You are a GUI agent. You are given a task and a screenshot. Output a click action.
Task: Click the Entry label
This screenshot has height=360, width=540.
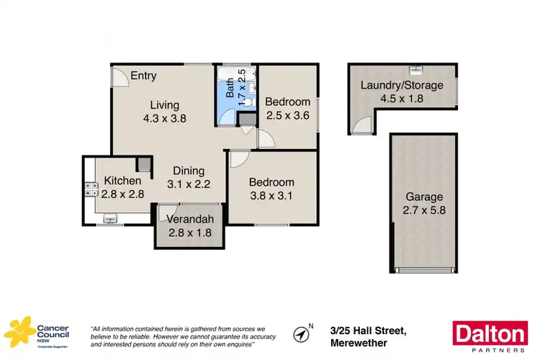(x=143, y=76)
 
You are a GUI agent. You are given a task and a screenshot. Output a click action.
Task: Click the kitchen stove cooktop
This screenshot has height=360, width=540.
(x=91, y=190)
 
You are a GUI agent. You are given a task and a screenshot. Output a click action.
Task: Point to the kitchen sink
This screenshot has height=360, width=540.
(x=111, y=217)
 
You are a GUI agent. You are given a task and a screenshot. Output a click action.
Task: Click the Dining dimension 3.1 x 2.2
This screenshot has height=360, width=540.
(x=189, y=184)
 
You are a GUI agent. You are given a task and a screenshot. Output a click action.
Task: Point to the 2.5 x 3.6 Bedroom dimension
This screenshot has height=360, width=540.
(x=287, y=114)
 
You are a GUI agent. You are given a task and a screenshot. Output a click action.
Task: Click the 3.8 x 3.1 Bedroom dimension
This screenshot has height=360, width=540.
(x=272, y=194)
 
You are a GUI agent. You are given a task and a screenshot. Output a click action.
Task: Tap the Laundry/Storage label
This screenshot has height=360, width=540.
(x=401, y=85)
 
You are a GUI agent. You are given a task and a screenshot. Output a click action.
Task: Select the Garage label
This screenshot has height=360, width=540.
(x=424, y=197)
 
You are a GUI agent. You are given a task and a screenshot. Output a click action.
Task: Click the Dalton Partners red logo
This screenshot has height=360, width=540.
(x=489, y=336)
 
